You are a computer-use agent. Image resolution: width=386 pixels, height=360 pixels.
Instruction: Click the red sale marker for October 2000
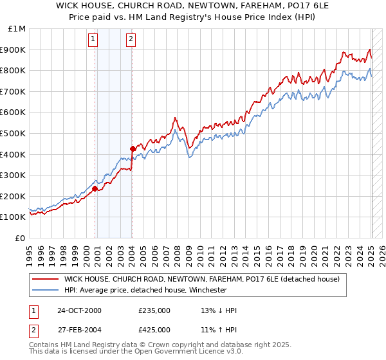[95, 189]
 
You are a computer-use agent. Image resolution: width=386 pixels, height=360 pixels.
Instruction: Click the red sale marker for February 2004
[133, 148]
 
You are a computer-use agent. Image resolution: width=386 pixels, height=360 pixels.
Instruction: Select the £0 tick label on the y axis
[21, 238]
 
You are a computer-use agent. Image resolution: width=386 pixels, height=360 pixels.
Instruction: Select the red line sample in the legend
[46, 279]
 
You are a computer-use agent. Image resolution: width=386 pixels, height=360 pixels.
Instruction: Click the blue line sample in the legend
[46, 290]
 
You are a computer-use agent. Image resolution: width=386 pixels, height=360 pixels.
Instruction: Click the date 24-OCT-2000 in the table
[79, 310]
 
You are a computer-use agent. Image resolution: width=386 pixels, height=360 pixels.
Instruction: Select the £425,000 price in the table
[154, 331]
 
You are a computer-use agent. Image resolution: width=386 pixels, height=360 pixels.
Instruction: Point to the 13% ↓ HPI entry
[219, 310]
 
